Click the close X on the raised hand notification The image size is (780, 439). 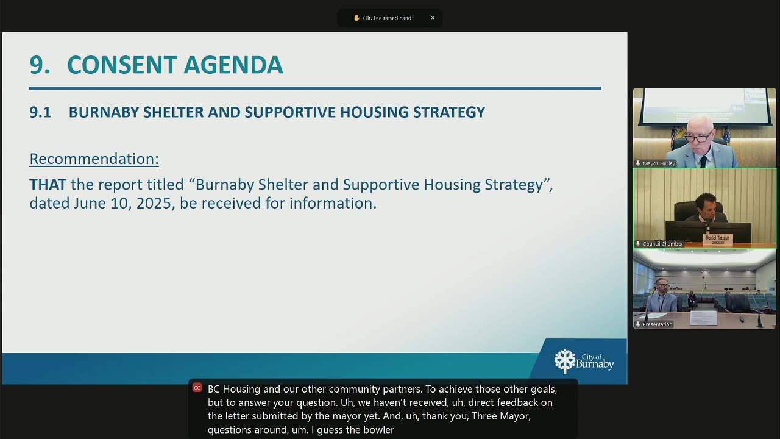(x=433, y=18)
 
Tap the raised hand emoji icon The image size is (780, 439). (x=356, y=18)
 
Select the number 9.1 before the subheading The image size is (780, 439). (x=40, y=112)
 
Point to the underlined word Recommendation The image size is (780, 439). (x=94, y=159)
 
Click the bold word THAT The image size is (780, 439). (x=48, y=185)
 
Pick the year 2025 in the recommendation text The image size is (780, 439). (x=155, y=204)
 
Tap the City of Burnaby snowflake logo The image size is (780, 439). (x=565, y=362)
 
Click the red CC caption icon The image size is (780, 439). (x=197, y=388)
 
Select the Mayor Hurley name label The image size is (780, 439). (x=659, y=163)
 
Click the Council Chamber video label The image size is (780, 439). (x=663, y=244)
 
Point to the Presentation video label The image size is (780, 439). (x=658, y=324)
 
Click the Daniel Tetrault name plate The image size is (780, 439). (x=718, y=240)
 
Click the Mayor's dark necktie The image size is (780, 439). (x=703, y=162)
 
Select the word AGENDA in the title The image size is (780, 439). (x=233, y=65)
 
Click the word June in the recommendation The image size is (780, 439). (x=90, y=204)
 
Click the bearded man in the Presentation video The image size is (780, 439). (x=662, y=296)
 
